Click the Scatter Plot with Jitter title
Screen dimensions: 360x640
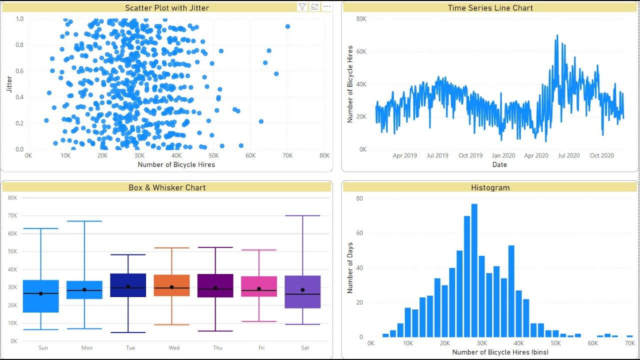167,7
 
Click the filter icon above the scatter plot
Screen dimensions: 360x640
302,7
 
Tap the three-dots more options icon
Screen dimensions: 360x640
327,6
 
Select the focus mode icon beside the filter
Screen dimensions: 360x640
314,7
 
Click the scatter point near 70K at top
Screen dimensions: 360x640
287,26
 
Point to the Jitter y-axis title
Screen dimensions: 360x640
9,84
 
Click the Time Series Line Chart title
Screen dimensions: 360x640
490,7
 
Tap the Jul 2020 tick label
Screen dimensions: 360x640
569,155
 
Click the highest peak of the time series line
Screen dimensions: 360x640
556,36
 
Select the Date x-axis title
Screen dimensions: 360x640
499,164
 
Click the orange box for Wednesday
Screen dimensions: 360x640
171,285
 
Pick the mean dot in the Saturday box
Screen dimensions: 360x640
302,290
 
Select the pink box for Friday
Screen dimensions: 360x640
259,286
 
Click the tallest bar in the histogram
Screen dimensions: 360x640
474,270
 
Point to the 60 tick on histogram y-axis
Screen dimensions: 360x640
359,233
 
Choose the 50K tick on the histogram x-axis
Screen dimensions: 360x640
555,343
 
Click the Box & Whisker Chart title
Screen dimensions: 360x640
167,187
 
